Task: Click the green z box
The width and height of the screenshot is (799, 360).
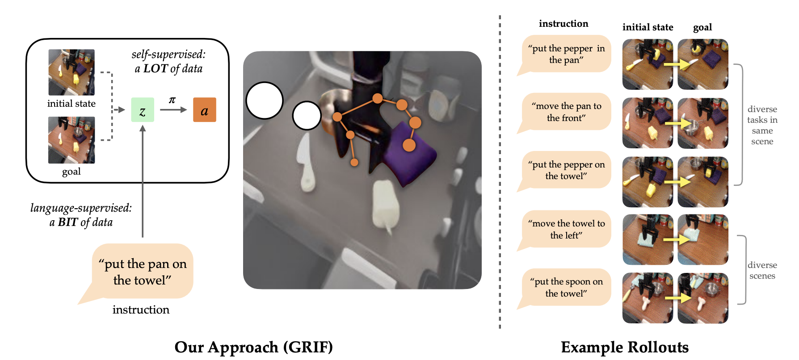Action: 143,110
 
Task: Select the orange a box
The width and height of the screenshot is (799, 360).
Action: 204,110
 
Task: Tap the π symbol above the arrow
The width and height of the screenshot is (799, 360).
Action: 172,100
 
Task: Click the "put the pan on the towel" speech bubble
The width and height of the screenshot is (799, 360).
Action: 143,272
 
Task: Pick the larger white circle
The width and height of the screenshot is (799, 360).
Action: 265,100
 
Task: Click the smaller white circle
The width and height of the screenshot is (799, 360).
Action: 307,115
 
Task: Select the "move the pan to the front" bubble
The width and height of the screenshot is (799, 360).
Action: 566,112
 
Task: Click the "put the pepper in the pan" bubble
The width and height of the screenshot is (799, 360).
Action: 566,54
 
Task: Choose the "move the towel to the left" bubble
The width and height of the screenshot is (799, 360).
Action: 566,229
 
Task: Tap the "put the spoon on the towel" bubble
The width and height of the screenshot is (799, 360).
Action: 566,287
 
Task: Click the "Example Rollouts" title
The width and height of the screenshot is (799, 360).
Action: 624,347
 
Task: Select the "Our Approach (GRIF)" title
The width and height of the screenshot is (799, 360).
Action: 253,347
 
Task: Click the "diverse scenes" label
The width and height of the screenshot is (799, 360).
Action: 762,270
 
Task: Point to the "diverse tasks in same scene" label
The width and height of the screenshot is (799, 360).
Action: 762,125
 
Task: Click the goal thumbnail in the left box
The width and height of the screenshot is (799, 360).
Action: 71,140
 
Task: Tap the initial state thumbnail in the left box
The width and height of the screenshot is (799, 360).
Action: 71,72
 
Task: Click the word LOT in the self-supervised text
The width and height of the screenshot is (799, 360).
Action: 155,68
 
